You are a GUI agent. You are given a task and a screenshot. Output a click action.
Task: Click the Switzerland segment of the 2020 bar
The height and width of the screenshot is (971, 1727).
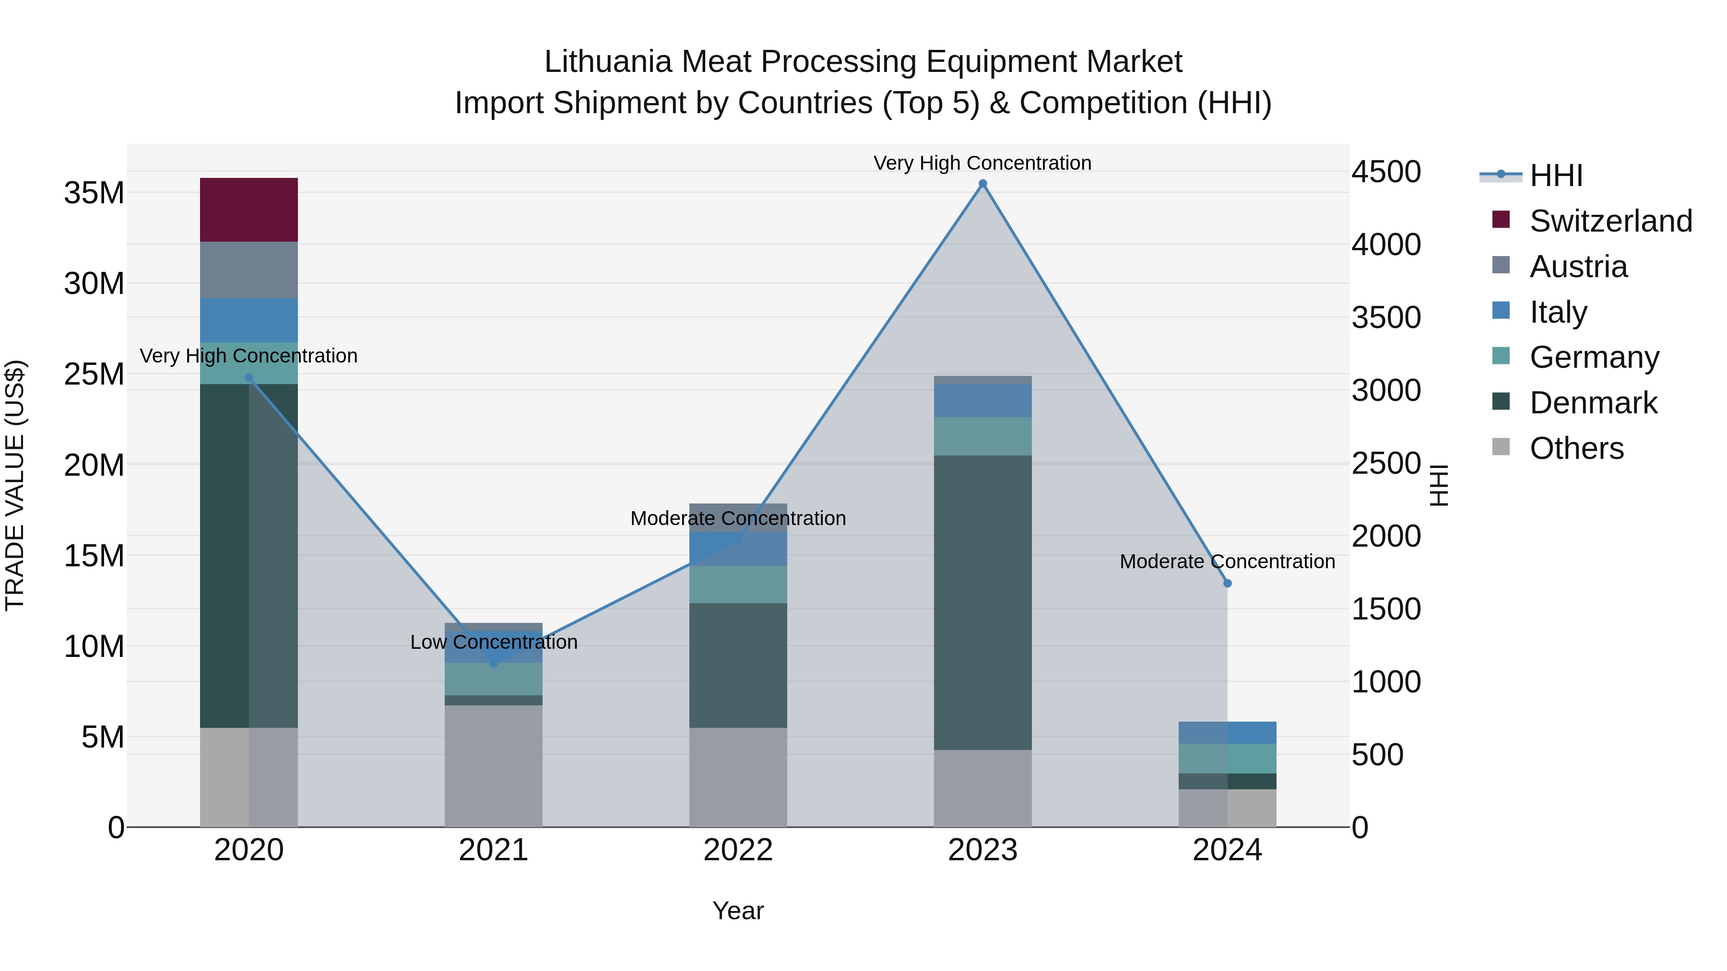coord(248,210)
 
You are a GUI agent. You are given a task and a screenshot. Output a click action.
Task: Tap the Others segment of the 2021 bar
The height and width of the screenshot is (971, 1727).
coord(494,765)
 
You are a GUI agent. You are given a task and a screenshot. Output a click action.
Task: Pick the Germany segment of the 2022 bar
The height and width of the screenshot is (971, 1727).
coord(738,585)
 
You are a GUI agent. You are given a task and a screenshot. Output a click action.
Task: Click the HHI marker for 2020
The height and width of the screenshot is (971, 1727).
coord(248,378)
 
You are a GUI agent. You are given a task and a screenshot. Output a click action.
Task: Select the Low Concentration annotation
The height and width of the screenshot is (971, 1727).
coord(494,642)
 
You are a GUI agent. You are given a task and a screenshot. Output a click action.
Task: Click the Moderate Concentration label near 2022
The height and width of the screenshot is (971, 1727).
coord(738,518)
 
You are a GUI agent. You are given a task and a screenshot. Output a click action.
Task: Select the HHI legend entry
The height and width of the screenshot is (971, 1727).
coord(1555,175)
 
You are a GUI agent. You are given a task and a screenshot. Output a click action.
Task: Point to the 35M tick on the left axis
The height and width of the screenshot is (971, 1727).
coord(94,193)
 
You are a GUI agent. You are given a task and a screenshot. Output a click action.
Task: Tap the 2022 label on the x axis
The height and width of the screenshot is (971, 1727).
coord(738,850)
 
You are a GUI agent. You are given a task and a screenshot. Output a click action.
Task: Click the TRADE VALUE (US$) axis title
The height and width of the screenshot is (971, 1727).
coord(15,485)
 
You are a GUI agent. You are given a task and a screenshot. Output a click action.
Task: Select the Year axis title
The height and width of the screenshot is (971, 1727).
coord(738,911)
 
